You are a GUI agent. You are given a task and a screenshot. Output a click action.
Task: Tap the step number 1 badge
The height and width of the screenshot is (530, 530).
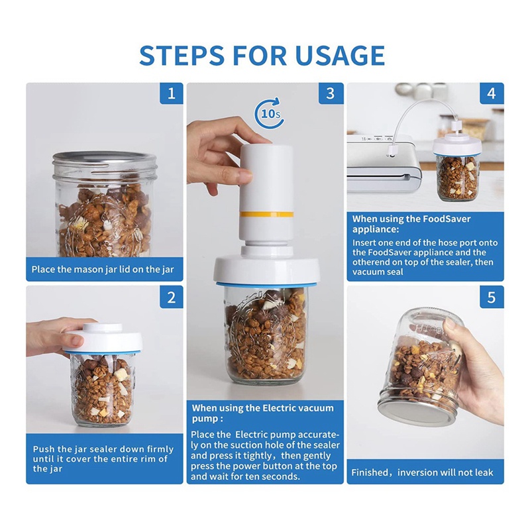click(x=172, y=93)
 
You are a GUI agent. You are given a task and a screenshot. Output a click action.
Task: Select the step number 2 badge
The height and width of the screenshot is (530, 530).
click(x=172, y=297)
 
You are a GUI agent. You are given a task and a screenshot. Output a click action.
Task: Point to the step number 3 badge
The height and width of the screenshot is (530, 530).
click(x=331, y=93)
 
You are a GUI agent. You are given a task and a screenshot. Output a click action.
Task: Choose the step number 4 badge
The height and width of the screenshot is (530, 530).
click(x=492, y=93)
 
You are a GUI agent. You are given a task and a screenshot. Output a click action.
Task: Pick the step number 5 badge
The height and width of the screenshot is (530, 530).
click(x=492, y=297)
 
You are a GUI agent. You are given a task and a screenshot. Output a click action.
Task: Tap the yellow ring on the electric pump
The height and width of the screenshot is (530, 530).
click(x=266, y=214)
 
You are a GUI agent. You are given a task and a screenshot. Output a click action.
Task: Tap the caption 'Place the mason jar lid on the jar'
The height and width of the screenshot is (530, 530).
click(x=103, y=270)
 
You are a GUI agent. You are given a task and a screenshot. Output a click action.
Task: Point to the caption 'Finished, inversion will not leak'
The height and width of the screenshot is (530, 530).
click(x=422, y=472)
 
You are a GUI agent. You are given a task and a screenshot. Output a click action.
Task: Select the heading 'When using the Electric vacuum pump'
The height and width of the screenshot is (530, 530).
click(x=262, y=413)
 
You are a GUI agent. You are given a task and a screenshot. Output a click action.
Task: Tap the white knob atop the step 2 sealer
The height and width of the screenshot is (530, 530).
click(x=103, y=327)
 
